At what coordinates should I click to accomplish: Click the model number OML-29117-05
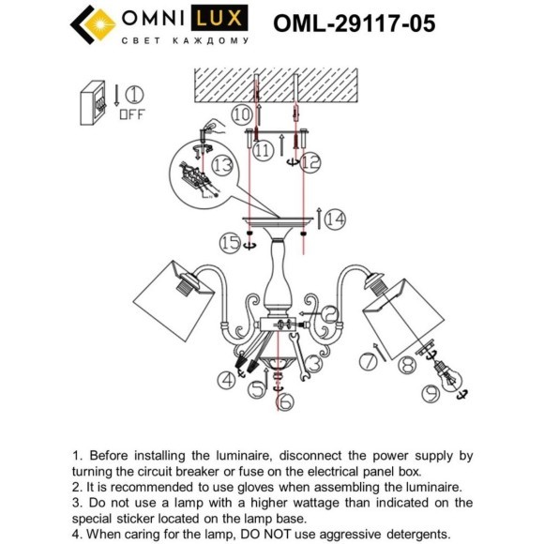coord(354,23)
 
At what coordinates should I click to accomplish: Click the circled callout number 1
coord(135,95)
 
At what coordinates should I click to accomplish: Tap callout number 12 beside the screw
coord(310,161)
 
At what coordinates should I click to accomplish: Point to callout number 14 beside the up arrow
coord(335,219)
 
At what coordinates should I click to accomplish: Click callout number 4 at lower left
coord(227,379)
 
